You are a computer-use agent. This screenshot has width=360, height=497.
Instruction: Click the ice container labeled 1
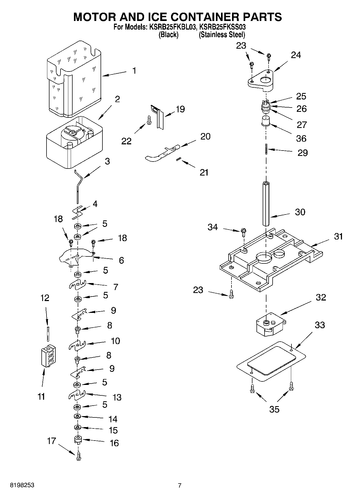click(74, 81)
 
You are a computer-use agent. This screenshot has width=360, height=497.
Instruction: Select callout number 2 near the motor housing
click(117, 99)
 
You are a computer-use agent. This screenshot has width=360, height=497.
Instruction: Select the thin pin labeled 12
click(48, 333)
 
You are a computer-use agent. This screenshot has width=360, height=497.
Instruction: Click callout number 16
click(114, 443)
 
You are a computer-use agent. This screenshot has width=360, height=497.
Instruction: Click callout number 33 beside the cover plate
click(320, 325)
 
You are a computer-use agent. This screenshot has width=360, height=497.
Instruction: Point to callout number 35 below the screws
click(274, 409)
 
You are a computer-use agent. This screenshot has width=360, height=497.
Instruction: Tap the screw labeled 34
click(244, 232)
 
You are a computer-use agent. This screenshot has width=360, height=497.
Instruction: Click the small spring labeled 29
click(266, 149)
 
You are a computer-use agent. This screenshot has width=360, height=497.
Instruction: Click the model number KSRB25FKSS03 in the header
click(222, 27)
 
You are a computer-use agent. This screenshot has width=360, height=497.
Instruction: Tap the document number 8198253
click(22, 485)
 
